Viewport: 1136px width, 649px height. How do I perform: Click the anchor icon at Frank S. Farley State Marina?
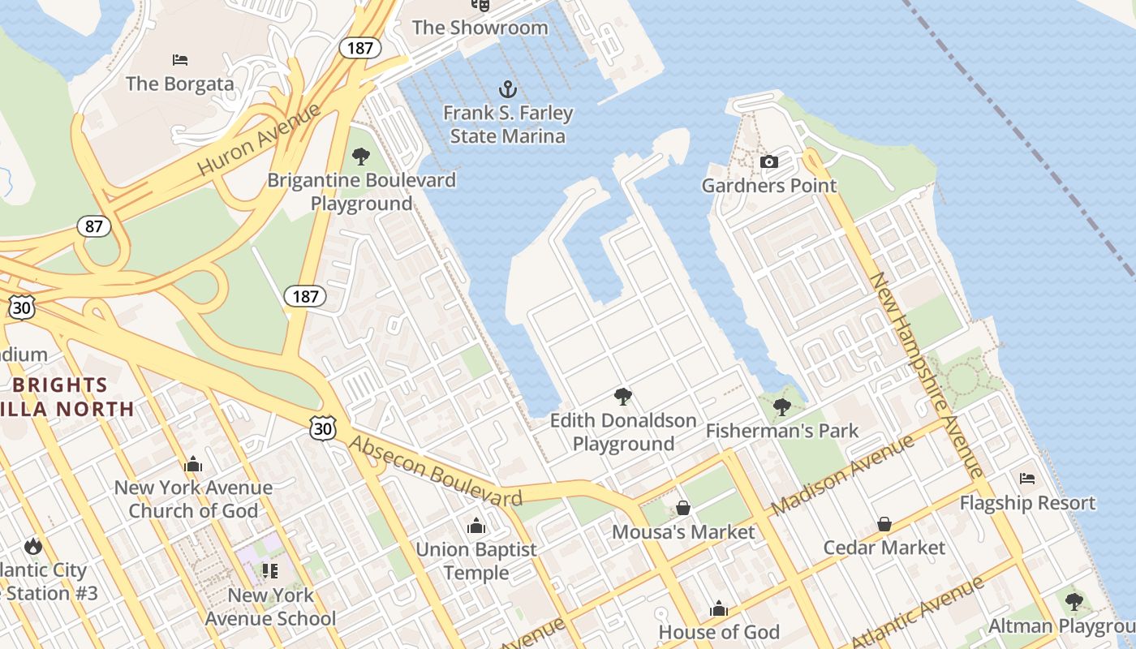tap(507, 88)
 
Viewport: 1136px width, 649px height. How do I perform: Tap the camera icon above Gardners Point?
tap(768, 161)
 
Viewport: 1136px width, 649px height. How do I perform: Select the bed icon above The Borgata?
tap(180, 60)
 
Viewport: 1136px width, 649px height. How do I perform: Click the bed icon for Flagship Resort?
tap(1027, 479)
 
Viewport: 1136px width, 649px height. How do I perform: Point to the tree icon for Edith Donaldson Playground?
tap(622, 396)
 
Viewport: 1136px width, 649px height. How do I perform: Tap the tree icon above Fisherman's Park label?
tap(781, 406)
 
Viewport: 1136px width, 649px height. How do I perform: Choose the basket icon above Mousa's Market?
tap(683, 508)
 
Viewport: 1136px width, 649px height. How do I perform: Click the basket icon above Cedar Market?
tap(884, 524)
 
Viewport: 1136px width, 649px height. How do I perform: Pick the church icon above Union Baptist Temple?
tap(476, 526)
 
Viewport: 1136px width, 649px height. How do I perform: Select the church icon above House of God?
tap(719, 608)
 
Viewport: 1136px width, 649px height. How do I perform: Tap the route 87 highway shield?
tap(94, 226)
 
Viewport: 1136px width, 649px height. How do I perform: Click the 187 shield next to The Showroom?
tap(359, 48)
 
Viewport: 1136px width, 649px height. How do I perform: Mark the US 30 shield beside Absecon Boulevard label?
tap(322, 428)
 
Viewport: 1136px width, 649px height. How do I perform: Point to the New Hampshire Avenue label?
tap(927, 374)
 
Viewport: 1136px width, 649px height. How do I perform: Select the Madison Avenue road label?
tap(843, 475)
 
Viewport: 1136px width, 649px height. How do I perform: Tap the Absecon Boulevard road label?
tap(436, 471)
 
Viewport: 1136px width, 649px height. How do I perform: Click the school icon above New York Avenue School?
tap(270, 570)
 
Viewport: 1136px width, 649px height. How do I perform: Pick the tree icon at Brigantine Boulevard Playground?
tap(361, 156)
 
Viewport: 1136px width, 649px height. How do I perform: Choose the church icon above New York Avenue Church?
tap(193, 464)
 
